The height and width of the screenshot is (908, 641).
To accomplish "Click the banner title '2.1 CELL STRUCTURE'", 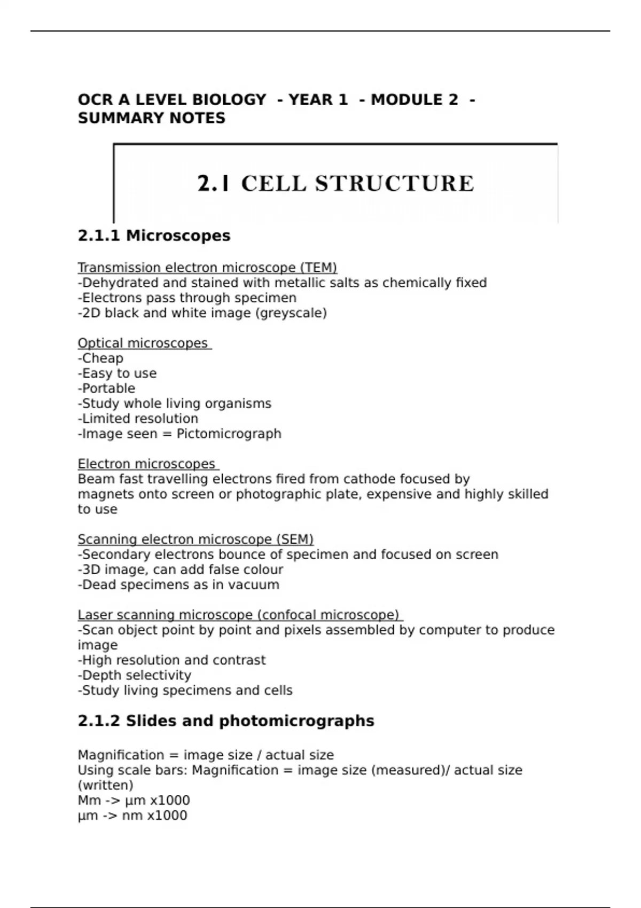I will (335, 184).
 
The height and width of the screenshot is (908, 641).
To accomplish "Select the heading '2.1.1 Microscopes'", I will (154, 236).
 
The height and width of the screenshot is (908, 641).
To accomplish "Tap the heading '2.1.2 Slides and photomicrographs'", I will (226, 721).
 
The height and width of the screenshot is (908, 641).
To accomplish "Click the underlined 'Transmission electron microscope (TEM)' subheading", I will (207, 268).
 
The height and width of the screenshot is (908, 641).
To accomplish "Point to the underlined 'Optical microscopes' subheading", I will (143, 343).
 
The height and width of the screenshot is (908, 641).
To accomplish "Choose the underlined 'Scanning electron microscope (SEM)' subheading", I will (196, 539).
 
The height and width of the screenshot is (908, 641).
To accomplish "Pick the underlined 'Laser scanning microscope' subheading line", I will (239, 615).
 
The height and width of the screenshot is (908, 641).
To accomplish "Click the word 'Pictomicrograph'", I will (229, 434).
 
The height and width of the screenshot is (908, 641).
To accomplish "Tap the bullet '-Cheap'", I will (100, 358).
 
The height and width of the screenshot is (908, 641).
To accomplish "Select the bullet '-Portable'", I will (106, 388).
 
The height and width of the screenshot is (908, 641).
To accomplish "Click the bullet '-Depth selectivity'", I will (134, 675).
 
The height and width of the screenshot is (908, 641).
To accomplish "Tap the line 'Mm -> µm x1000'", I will (134, 800).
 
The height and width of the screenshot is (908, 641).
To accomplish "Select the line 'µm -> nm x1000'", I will (132, 816).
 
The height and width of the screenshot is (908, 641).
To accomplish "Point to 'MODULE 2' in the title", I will (414, 100).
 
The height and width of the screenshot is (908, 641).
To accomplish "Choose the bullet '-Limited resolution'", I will (138, 419).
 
